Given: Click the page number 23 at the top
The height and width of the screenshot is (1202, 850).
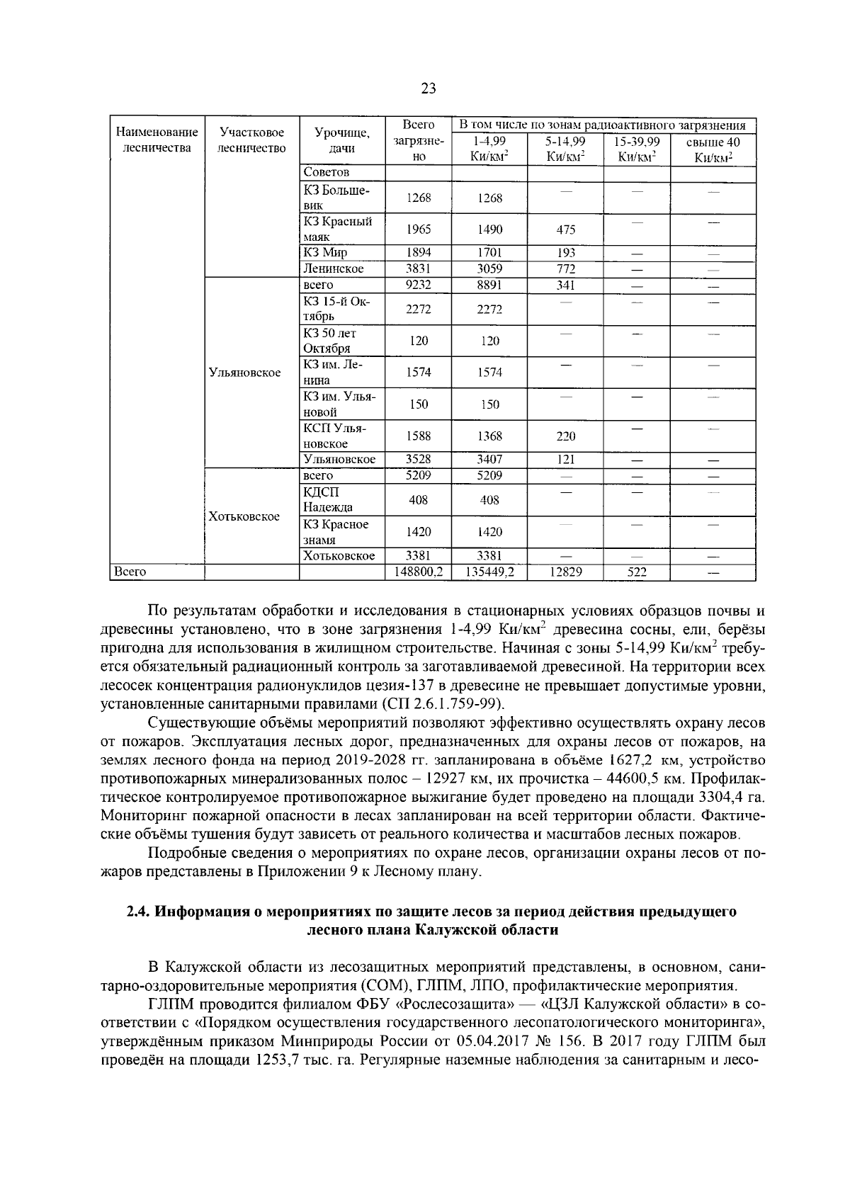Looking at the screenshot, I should [428, 89].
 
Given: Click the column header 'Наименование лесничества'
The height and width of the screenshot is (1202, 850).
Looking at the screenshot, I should [157, 140].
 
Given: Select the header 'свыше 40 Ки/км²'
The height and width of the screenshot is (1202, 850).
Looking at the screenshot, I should [713, 149].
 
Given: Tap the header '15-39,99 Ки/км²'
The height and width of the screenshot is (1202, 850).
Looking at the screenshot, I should [636, 149].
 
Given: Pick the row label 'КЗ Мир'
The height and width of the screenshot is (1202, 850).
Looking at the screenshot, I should [325, 253].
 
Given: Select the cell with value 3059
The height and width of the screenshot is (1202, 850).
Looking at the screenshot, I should [489, 269].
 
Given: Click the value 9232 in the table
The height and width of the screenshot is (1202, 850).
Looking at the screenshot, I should [418, 285].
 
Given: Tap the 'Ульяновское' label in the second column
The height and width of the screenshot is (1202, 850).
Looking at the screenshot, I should [244, 373].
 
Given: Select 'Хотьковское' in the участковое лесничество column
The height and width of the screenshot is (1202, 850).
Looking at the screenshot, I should [244, 516].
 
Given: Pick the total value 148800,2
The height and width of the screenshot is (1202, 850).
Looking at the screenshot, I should [418, 572].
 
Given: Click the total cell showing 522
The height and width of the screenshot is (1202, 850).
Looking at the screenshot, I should [636, 572].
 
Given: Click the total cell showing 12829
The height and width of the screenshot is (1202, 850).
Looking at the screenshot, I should [565, 572].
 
